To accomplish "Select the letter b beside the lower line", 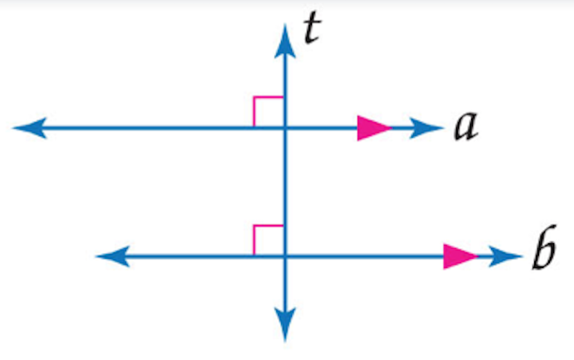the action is [542, 254].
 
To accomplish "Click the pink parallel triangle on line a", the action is [372, 128].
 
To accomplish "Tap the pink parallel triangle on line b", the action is [459, 256].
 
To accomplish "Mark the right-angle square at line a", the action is [269, 112].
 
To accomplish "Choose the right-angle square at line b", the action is [269, 240].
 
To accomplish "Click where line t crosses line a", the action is [285, 128].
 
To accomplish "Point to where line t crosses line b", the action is [285, 256].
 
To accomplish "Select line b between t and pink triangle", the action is [365, 256].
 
